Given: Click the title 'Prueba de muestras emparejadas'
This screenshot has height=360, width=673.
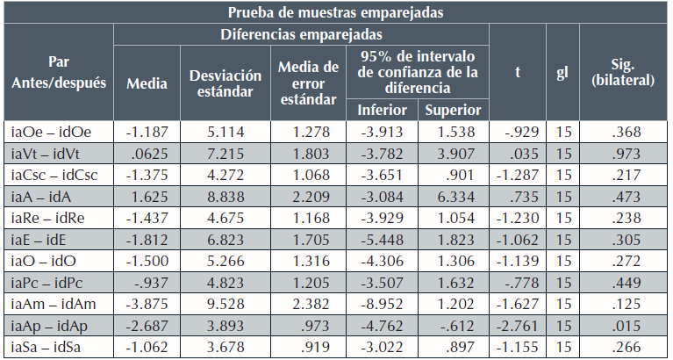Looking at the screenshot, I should pyautogui.click(x=336, y=12).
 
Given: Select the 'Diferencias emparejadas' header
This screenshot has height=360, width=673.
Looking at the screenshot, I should pyautogui.click(x=301, y=35).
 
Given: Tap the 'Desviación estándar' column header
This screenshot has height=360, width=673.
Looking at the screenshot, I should pyautogui.click(x=225, y=83).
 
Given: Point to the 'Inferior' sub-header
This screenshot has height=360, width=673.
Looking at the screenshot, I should pyautogui.click(x=382, y=111).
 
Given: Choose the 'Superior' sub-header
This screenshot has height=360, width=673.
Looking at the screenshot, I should pyautogui.click(x=453, y=111).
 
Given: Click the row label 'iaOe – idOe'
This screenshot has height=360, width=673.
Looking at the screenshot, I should pyautogui.click(x=52, y=132).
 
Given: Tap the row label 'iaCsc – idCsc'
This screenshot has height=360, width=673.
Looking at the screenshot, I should pyautogui.click(x=55, y=175).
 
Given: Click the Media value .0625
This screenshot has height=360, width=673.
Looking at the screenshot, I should pyautogui.click(x=147, y=154).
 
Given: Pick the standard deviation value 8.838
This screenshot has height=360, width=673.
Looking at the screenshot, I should pyautogui.click(x=224, y=197).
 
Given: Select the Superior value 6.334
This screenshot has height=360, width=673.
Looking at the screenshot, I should pyautogui.click(x=453, y=197).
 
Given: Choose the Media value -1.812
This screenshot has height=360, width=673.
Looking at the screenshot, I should pyautogui.click(x=147, y=240).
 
